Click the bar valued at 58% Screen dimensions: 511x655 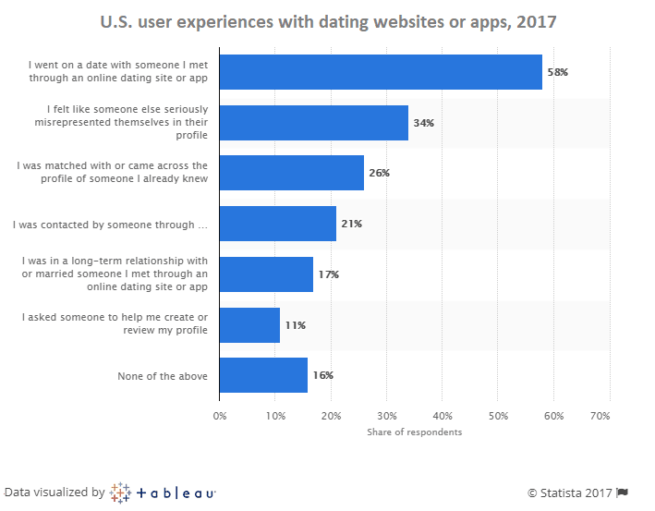pyautogui.click(x=381, y=72)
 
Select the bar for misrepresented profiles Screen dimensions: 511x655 pyautogui.click(x=314, y=123)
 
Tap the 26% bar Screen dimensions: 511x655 pyautogui.click(x=292, y=173)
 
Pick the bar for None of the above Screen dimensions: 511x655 pyautogui.click(x=263, y=375)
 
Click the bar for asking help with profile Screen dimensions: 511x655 pyautogui.click(x=249, y=324)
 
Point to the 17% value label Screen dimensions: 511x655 pyautogui.click(x=328, y=274)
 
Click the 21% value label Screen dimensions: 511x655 pyautogui.click(x=351, y=224)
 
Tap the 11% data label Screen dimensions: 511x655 pyautogui.click(x=295, y=325)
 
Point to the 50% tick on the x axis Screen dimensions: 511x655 pyautogui.click(x=497, y=416)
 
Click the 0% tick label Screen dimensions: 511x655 pyautogui.click(x=220, y=416)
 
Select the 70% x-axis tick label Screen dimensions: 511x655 pyautogui.click(x=600, y=416)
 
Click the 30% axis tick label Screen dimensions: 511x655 pyautogui.click(x=386, y=416)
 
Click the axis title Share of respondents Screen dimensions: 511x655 pyautogui.click(x=414, y=432)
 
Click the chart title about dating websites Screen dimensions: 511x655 pyautogui.click(x=327, y=19)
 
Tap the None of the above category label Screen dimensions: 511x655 pyautogui.click(x=162, y=376)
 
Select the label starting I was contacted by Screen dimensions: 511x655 pyautogui.click(x=109, y=225)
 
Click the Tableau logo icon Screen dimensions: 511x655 pyautogui.click(x=120, y=493)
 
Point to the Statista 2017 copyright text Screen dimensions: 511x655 pyautogui.click(x=570, y=493)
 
